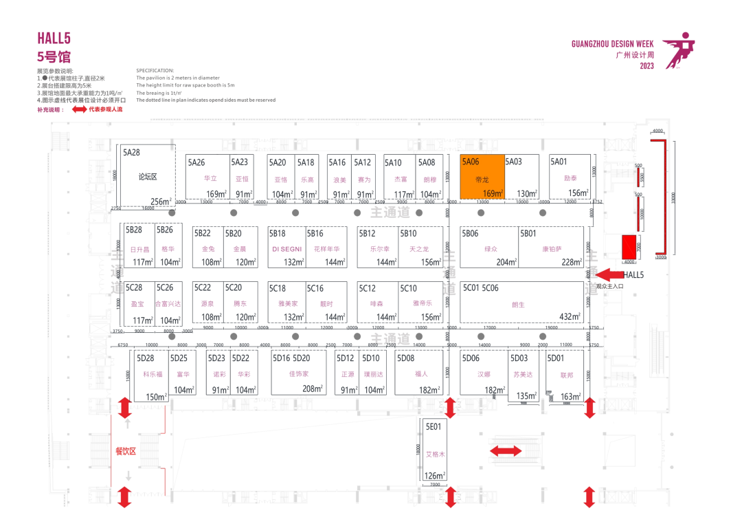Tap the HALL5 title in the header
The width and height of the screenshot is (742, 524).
(54, 39)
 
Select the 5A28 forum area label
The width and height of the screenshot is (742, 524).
(131, 153)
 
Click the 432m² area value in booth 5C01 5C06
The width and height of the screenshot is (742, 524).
(570, 317)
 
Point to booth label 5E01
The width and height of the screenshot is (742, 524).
(432, 427)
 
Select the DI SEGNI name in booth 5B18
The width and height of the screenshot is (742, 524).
(286, 249)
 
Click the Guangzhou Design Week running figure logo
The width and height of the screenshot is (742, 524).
(679, 50)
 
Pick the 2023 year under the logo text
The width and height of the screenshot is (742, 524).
(647, 66)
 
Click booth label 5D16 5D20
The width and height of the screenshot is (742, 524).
(291, 358)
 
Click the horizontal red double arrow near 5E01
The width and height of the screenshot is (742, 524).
(505, 451)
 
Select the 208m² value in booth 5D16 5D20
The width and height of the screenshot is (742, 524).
(313, 389)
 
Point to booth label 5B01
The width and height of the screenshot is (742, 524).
(528, 234)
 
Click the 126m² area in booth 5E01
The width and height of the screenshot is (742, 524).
(434, 475)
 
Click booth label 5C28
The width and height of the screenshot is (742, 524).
(133, 288)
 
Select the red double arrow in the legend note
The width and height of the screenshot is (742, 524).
(77, 109)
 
